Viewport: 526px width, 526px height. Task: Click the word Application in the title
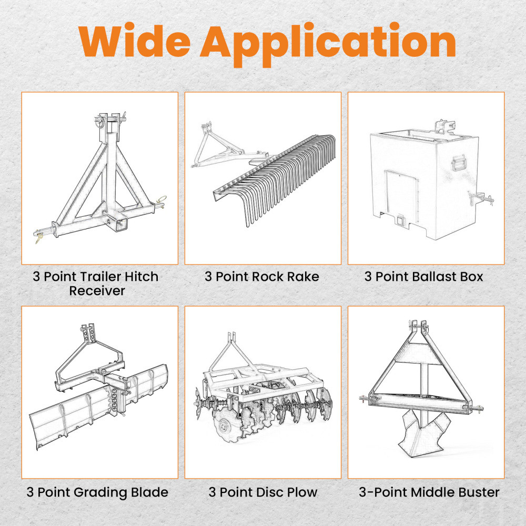328,45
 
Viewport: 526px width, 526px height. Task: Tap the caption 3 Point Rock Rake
261,277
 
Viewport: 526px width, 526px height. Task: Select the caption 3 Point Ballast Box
423,277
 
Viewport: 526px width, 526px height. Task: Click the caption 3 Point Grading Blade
97,492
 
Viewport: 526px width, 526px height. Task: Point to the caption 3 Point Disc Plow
262,492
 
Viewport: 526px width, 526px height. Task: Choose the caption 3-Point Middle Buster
429,492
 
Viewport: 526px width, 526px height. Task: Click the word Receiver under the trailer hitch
97,290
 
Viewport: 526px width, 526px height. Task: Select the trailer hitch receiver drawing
100,178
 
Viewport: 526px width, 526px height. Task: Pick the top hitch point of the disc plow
232,337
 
